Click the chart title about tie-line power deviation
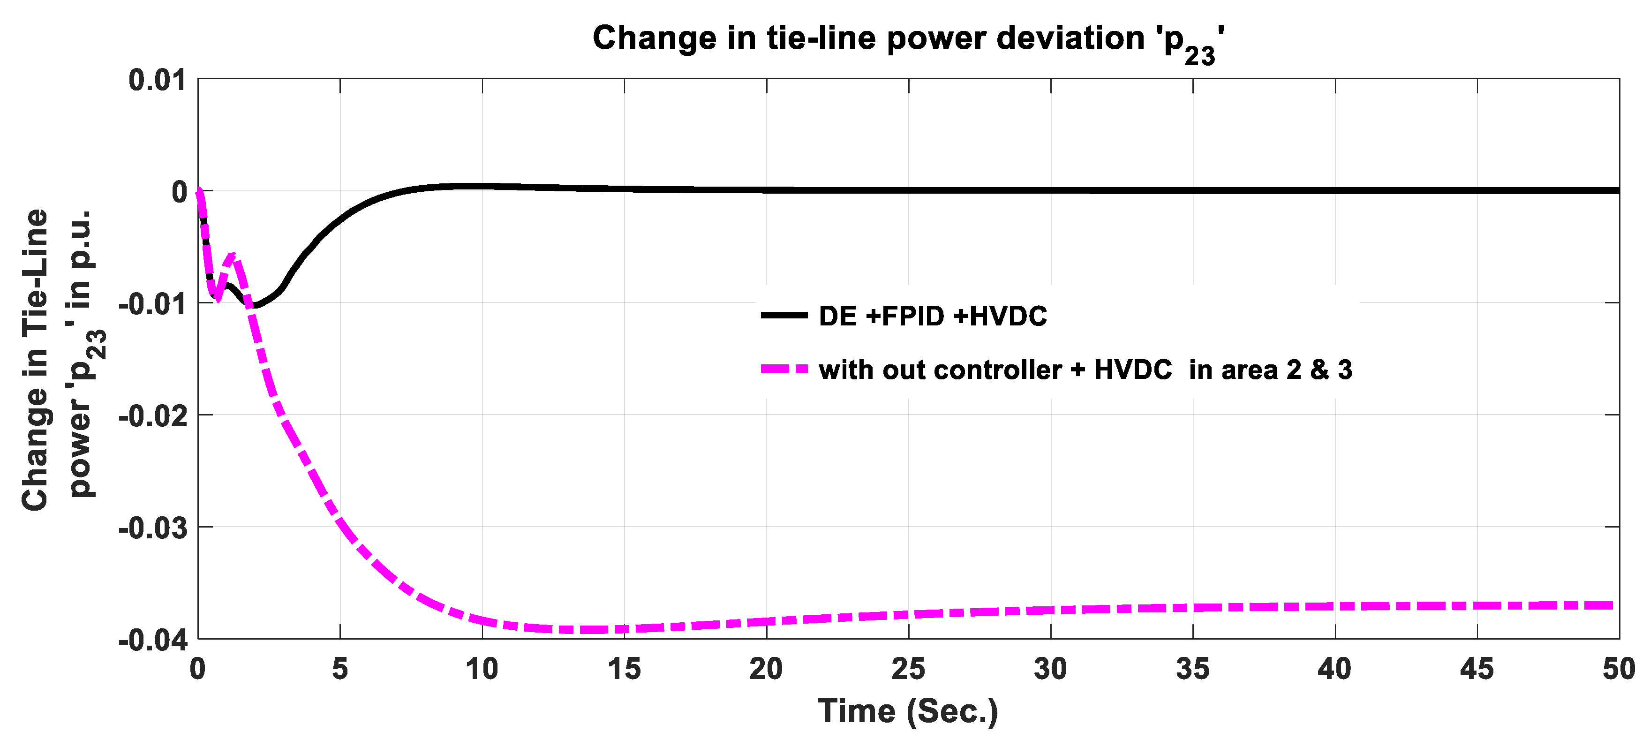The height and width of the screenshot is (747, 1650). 908,40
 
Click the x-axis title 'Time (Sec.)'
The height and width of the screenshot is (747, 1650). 908,711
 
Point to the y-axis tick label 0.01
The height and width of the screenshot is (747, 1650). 158,81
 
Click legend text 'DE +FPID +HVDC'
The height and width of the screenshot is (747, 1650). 933,316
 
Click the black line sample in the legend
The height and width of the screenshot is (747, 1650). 784,315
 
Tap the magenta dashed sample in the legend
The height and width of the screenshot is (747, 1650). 784,369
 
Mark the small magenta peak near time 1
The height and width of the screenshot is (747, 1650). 233,256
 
